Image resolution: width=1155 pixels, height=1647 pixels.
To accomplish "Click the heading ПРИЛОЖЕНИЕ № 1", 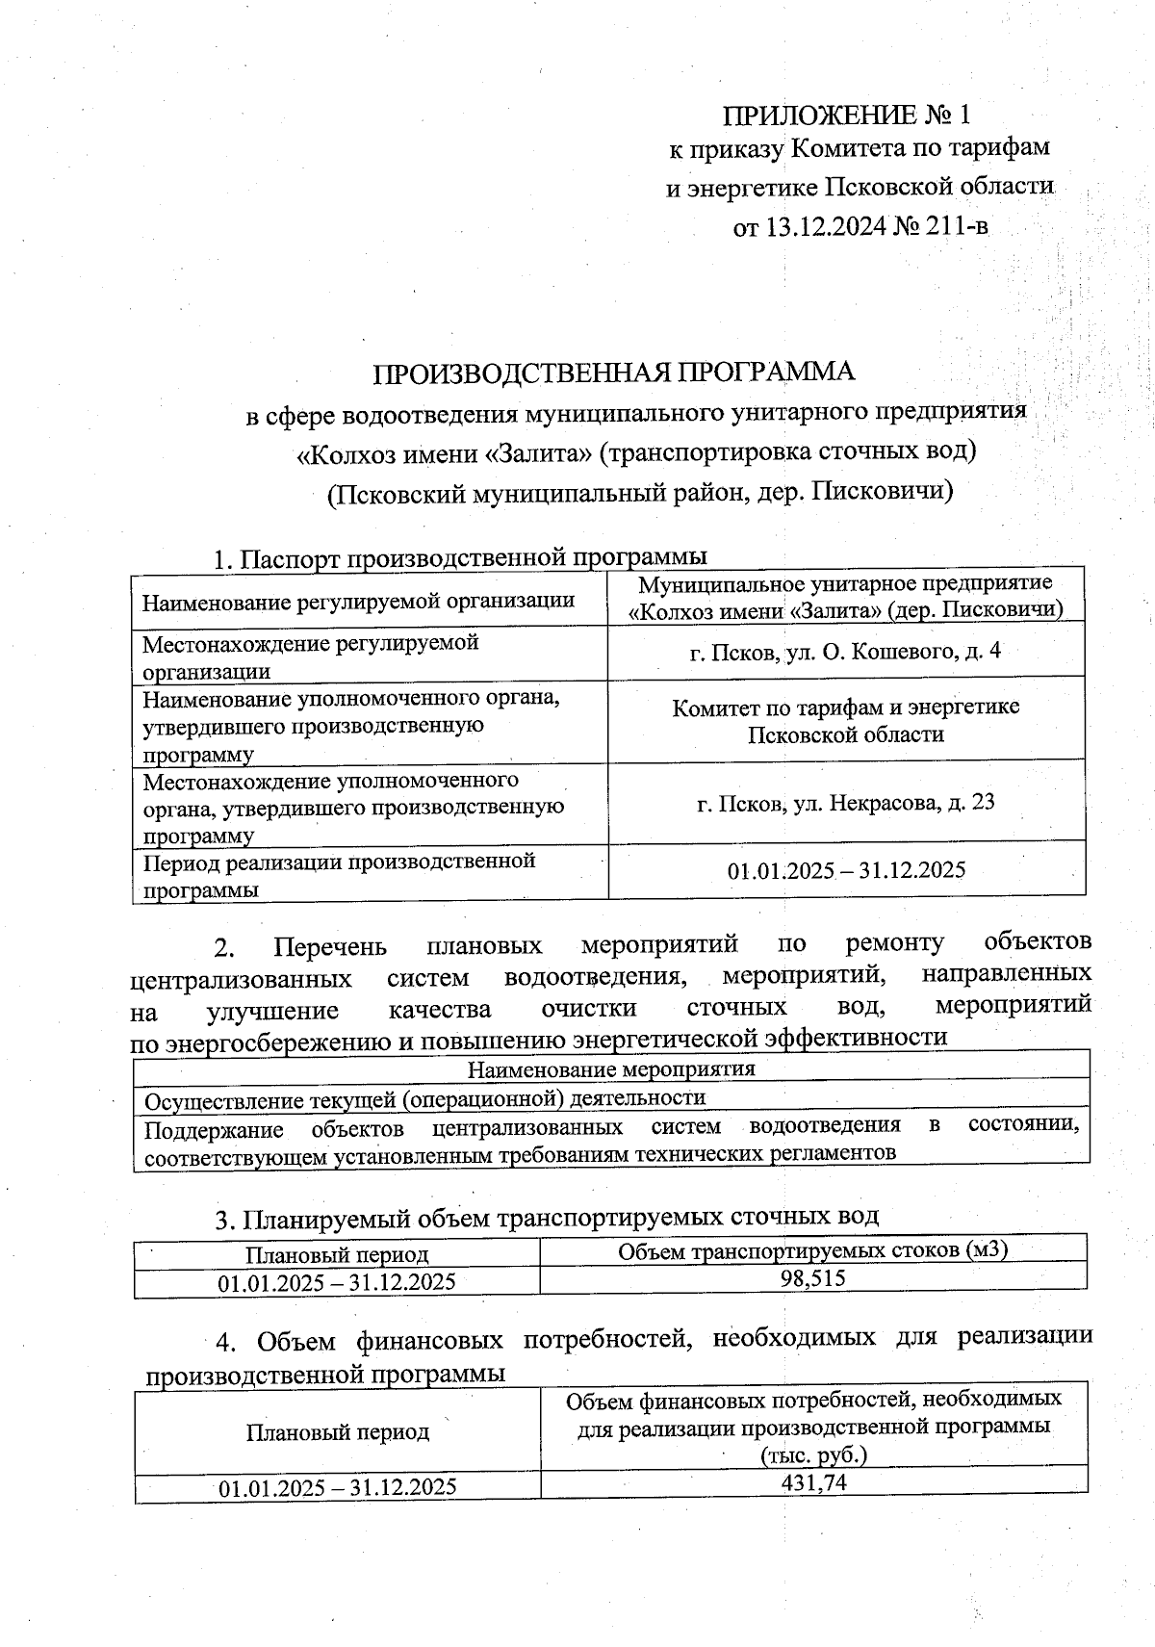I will pos(847,115).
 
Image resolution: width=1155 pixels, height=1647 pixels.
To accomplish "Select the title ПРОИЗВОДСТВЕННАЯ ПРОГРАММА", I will pos(614,372).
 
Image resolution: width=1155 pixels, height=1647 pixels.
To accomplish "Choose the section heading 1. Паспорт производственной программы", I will pos(460,557).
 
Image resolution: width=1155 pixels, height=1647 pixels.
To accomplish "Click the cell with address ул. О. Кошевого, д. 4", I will pos(846,652).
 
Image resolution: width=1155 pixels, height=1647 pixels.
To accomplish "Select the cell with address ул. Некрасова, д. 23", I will pos(846,802).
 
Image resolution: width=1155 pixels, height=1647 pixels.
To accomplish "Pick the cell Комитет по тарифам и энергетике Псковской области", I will pos(846,720).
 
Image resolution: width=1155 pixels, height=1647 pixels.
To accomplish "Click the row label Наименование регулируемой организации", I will pos(358,602).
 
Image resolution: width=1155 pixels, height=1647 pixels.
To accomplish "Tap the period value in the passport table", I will pos(846,870).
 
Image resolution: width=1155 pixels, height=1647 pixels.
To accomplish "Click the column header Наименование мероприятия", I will pos(611,1068).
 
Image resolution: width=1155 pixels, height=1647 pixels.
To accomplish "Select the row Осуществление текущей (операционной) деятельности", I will pos(424,1098).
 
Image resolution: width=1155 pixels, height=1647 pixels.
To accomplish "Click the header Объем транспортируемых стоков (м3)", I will pos(812,1250).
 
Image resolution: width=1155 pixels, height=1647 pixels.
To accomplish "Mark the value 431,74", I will pos(813,1482).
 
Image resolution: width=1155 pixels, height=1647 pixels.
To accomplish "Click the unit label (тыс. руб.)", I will pos(813,1454).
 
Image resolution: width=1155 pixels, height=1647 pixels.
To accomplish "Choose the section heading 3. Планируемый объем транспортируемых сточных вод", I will pos(546,1218).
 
